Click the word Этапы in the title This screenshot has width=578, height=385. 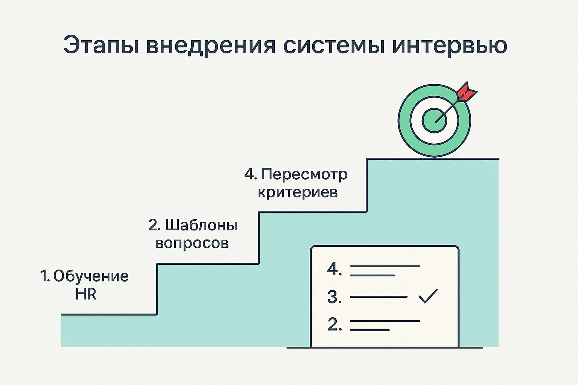pyautogui.click(x=99, y=46)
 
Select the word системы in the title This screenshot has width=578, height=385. pyautogui.click(x=333, y=46)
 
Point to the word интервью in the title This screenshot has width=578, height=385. pyautogui.click(x=450, y=46)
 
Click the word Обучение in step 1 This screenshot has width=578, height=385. pyautogui.click(x=91, y=276)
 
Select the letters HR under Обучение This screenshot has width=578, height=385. pyautogui.click(x=86, y=294)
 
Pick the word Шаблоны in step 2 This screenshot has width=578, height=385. pyautogui.click(x=201, y=225)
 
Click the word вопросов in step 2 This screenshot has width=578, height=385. pyautogui.click(x=192, y=243)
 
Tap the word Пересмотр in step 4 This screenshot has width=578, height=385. pyautogui.click(x=304, y=174)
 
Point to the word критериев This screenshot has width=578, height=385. pyautogui.click(x=297, y=192)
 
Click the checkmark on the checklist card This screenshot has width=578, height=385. pyautogui.click(x=428, y=296)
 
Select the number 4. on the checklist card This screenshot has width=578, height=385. pyautogui.click(x=334, y=269)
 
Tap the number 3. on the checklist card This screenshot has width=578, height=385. pyautogui.click(x=334, y=297)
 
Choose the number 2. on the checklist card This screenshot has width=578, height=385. pyautogui.click(x=334, y=324)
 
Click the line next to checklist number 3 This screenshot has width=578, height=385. pyautogui.click(x=379, y=297)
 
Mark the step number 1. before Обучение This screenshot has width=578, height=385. pyautogui.click(x=45, y=276)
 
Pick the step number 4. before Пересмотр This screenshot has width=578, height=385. pyautogui.click(x=251, y=174)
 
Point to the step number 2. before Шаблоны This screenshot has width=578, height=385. pyautogui.click(x=154, y=225)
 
